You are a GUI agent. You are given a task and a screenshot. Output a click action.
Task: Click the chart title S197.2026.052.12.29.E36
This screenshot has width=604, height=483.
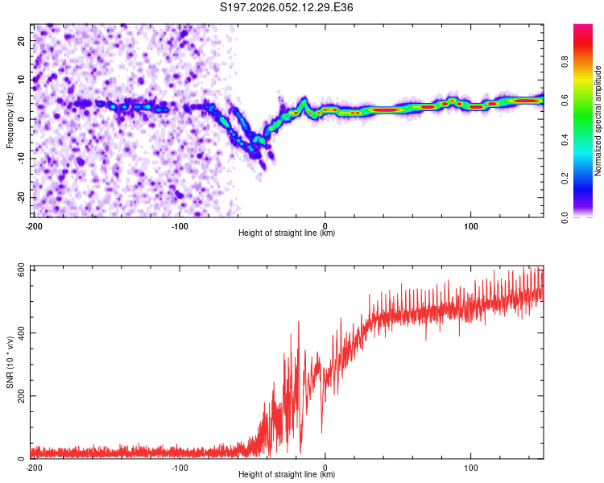[x=287, y=7]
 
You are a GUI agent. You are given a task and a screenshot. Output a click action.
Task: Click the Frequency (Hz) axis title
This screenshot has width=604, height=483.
[x=10, y=120]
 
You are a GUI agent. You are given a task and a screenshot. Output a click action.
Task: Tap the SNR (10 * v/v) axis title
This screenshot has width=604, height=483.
[x=10, y=361]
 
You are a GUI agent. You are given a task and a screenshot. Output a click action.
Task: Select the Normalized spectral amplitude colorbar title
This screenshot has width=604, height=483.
[x=598, y=121]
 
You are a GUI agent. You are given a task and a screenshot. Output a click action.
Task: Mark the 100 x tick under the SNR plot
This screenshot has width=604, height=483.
[x=470, y=468]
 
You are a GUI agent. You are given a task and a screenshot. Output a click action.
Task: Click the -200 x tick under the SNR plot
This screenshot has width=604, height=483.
[x=33, y=468]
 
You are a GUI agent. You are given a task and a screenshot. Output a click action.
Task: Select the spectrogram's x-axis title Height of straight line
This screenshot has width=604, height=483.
[x=287, y=233]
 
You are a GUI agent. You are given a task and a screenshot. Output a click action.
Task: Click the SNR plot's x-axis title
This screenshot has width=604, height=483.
[x=287, y=475]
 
